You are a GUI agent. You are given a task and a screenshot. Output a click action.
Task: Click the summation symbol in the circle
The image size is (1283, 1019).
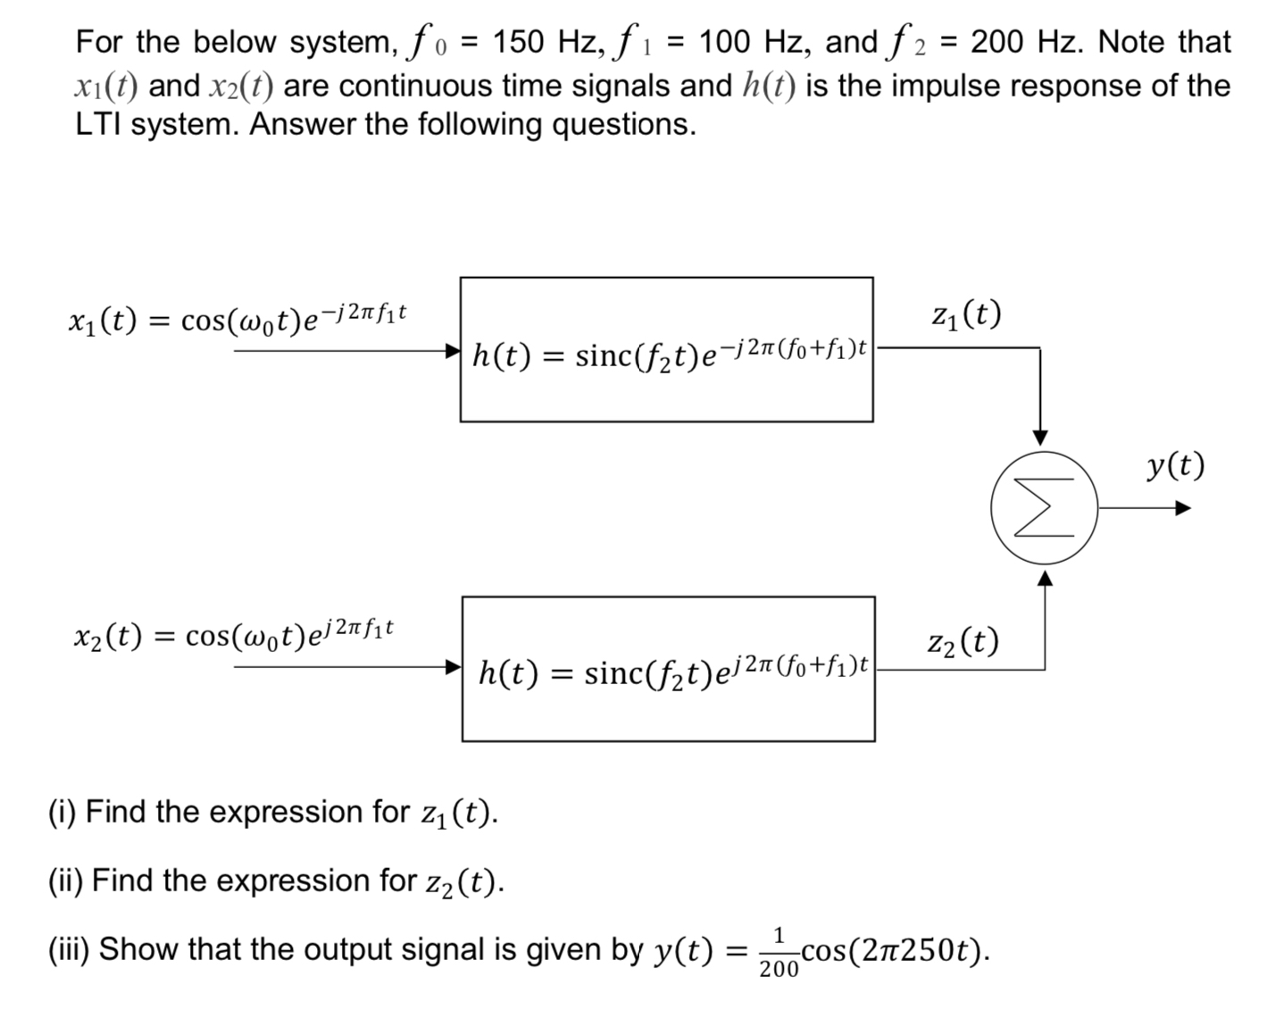(x=1044, y=508)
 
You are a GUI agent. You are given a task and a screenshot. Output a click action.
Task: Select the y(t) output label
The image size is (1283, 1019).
(x=1175, y=465)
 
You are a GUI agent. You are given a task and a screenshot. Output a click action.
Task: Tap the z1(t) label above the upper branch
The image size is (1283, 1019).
(x=965, y=313)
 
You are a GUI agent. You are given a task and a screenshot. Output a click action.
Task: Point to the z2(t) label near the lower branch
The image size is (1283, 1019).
(x=962, y=641)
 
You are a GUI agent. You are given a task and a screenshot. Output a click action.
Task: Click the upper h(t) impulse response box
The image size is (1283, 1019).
(x=666, y=349)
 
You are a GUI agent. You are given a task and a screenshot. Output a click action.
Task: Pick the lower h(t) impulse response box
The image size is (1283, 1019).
(x=668, y=669)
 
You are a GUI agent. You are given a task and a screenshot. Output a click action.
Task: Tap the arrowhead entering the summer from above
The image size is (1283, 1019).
(x=1040, y=437)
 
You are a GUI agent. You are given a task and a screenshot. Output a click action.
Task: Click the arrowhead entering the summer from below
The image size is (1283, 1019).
(x=1045, y=580)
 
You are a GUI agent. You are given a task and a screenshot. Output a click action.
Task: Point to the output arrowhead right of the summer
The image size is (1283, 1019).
(x=1183, y=508)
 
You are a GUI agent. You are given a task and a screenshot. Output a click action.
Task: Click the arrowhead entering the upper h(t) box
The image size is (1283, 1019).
(x=454, y=350)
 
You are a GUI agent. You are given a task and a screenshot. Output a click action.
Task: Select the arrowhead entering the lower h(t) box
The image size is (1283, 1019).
(x=454, y=666)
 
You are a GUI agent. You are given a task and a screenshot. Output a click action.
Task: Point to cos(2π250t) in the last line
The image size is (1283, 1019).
(x=894, y=949)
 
